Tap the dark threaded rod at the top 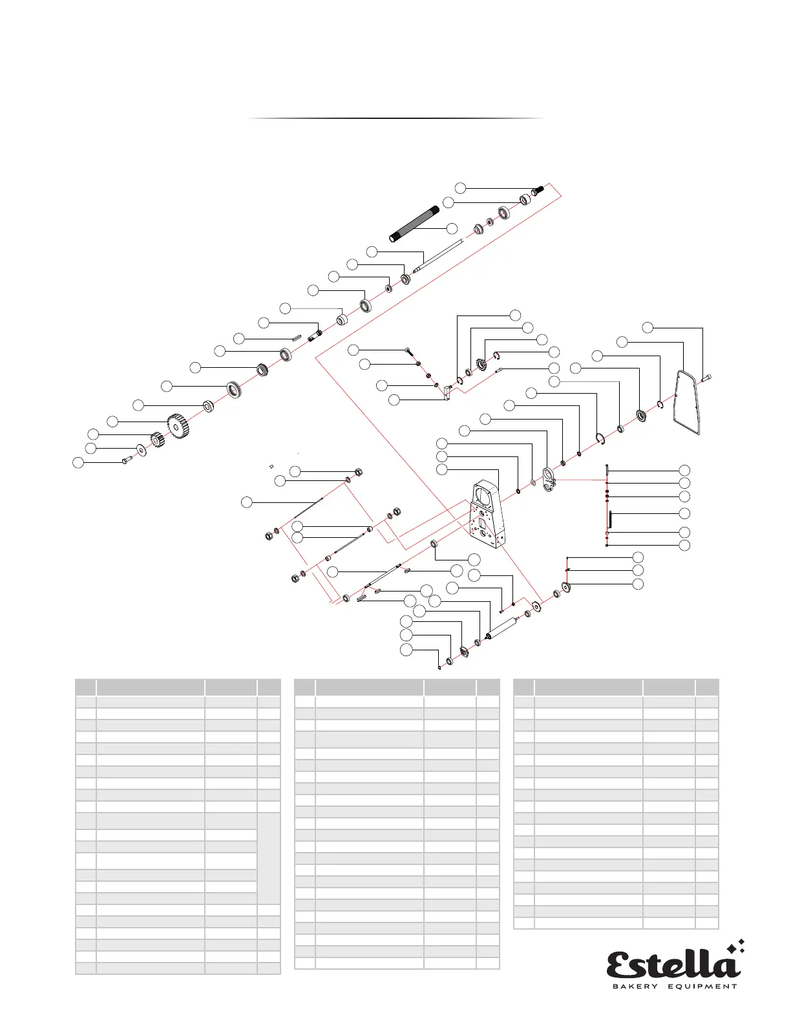coord(414,223)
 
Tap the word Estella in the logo coord(672,965)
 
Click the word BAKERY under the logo coord(635,987)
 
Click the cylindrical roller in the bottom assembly coord(502,627)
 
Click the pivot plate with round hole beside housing coord(549,480)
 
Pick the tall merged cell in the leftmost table coord(269,858)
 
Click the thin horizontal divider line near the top coord(395,118)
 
